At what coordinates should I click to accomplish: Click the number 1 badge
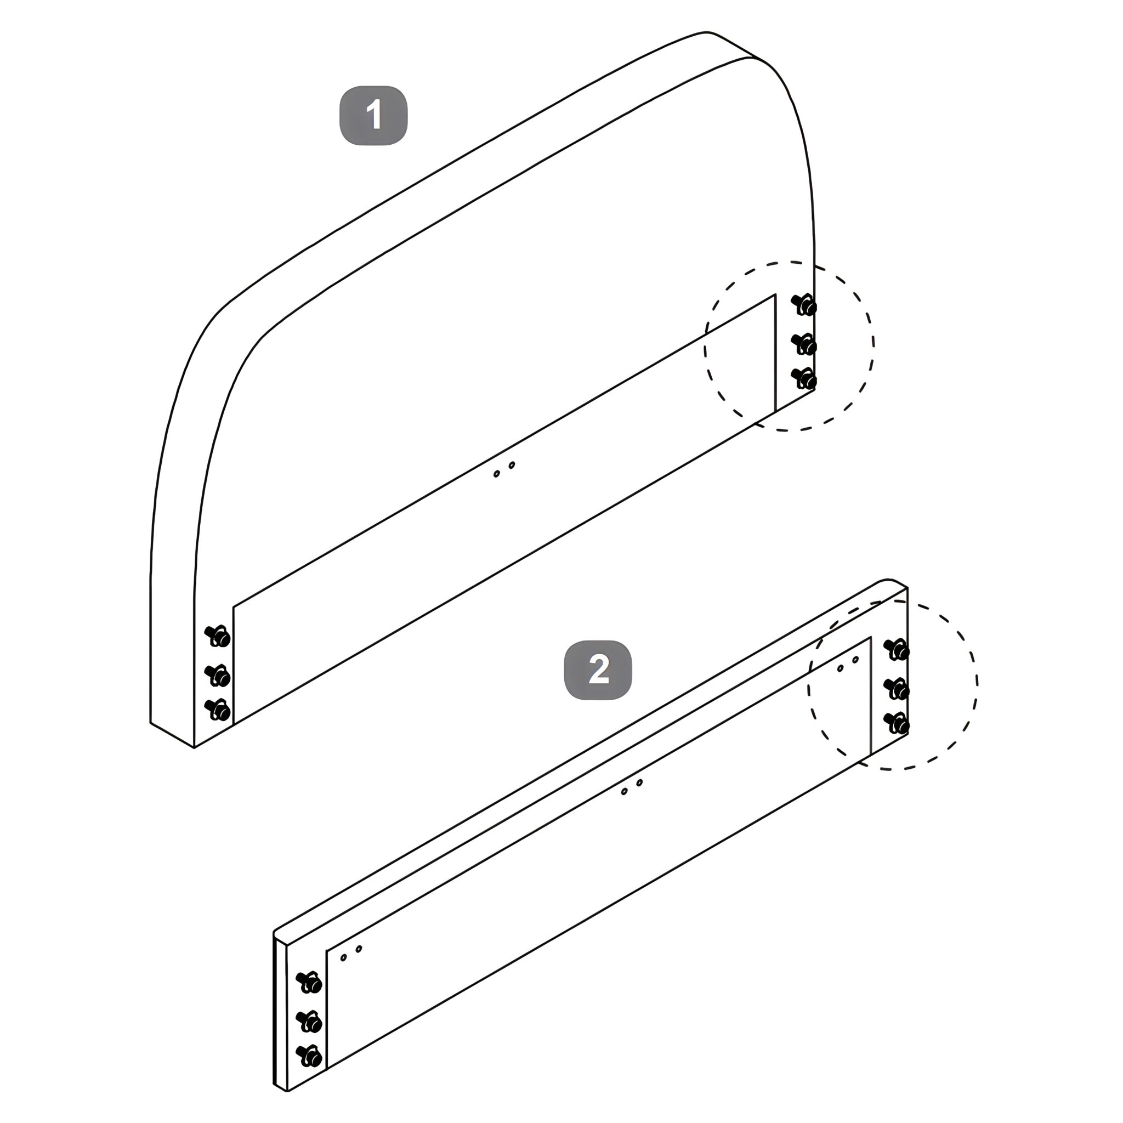point(373,115)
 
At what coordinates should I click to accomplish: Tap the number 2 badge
point(598,670)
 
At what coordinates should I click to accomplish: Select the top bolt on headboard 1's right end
point(804,304)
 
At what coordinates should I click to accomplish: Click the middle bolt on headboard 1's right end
point(804,344)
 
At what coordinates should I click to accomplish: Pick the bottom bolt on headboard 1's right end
point(804,379)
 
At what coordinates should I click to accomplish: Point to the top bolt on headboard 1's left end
point(218,636)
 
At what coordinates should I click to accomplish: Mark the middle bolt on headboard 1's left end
point(218,676)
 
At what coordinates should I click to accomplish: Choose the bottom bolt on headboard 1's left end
point(218,710)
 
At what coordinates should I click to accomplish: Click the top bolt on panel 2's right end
point(897,649)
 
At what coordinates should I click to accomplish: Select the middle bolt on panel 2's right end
point(897,689)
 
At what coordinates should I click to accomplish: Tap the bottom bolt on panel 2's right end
point(897,723)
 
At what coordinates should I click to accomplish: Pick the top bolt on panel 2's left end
point(309,982)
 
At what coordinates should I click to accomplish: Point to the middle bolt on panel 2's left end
point(309,1022)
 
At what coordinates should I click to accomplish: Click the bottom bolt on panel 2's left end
point(309,1056)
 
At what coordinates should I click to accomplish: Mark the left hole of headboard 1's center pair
point(496,474)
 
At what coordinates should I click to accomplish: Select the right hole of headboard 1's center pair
point(512,465)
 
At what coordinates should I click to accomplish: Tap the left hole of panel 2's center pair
point(624,792)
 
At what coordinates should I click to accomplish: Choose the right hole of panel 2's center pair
point(639,783)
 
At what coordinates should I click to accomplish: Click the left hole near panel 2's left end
point(343,957)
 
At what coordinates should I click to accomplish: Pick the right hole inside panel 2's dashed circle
point(855,660)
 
